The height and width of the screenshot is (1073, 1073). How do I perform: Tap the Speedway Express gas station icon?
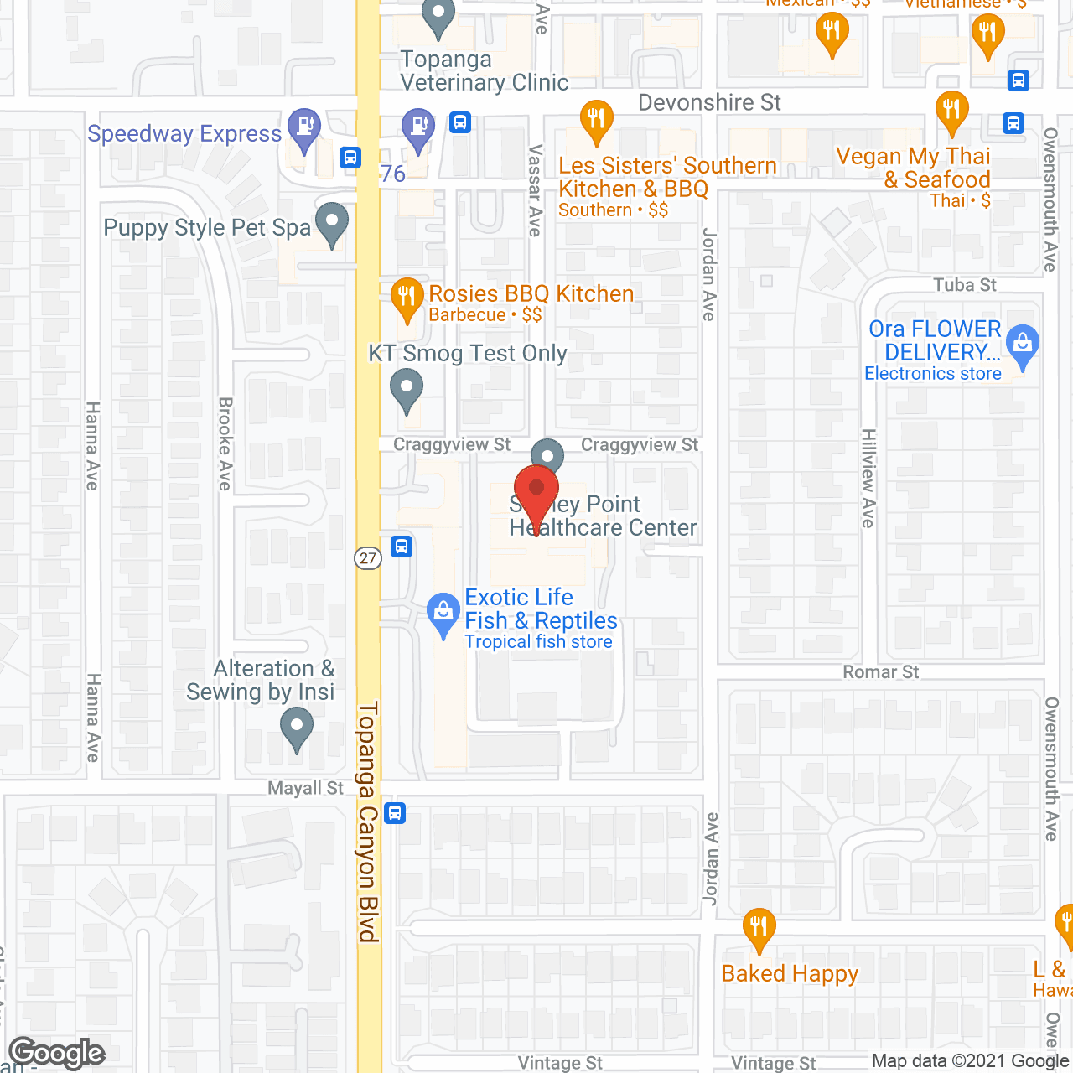click(x=303, y=128)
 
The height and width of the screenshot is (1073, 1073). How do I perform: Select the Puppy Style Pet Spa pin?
click(x=333, y=224)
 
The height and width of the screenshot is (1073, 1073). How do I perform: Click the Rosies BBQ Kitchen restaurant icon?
click(x=407, y=298)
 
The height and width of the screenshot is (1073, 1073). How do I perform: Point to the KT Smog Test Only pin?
click(x=407, y=390)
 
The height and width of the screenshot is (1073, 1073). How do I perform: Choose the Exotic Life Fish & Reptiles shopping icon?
click(x=443, y=614)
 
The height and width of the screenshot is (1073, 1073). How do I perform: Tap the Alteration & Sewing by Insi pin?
click(x=296, y=727)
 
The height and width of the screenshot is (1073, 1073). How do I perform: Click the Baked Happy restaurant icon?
click(x=759, y=928)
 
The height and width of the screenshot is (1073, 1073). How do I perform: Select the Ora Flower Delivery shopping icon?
click(x=1022, y=345)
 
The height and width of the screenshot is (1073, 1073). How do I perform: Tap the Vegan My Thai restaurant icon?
click(x=951, y=111)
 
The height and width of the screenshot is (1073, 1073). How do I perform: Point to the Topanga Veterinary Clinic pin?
click(x=438, y=17)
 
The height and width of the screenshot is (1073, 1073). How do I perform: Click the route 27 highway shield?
click(x=368, y=558)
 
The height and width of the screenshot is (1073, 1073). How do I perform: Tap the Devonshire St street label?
click(x=709, y=102)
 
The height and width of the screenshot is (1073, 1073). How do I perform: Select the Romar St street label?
click(x=880, y=672)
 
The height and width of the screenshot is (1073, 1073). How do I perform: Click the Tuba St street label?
click(x=965, y=285)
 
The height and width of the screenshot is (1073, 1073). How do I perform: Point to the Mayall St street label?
click(x=305, y=788)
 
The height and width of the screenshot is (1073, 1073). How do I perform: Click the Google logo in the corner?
click(x=57, y=1053)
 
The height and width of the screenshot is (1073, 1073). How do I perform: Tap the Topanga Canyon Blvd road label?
click(x=369, y=822)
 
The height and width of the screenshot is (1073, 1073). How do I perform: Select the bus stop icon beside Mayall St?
click(x=395, y=812)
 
